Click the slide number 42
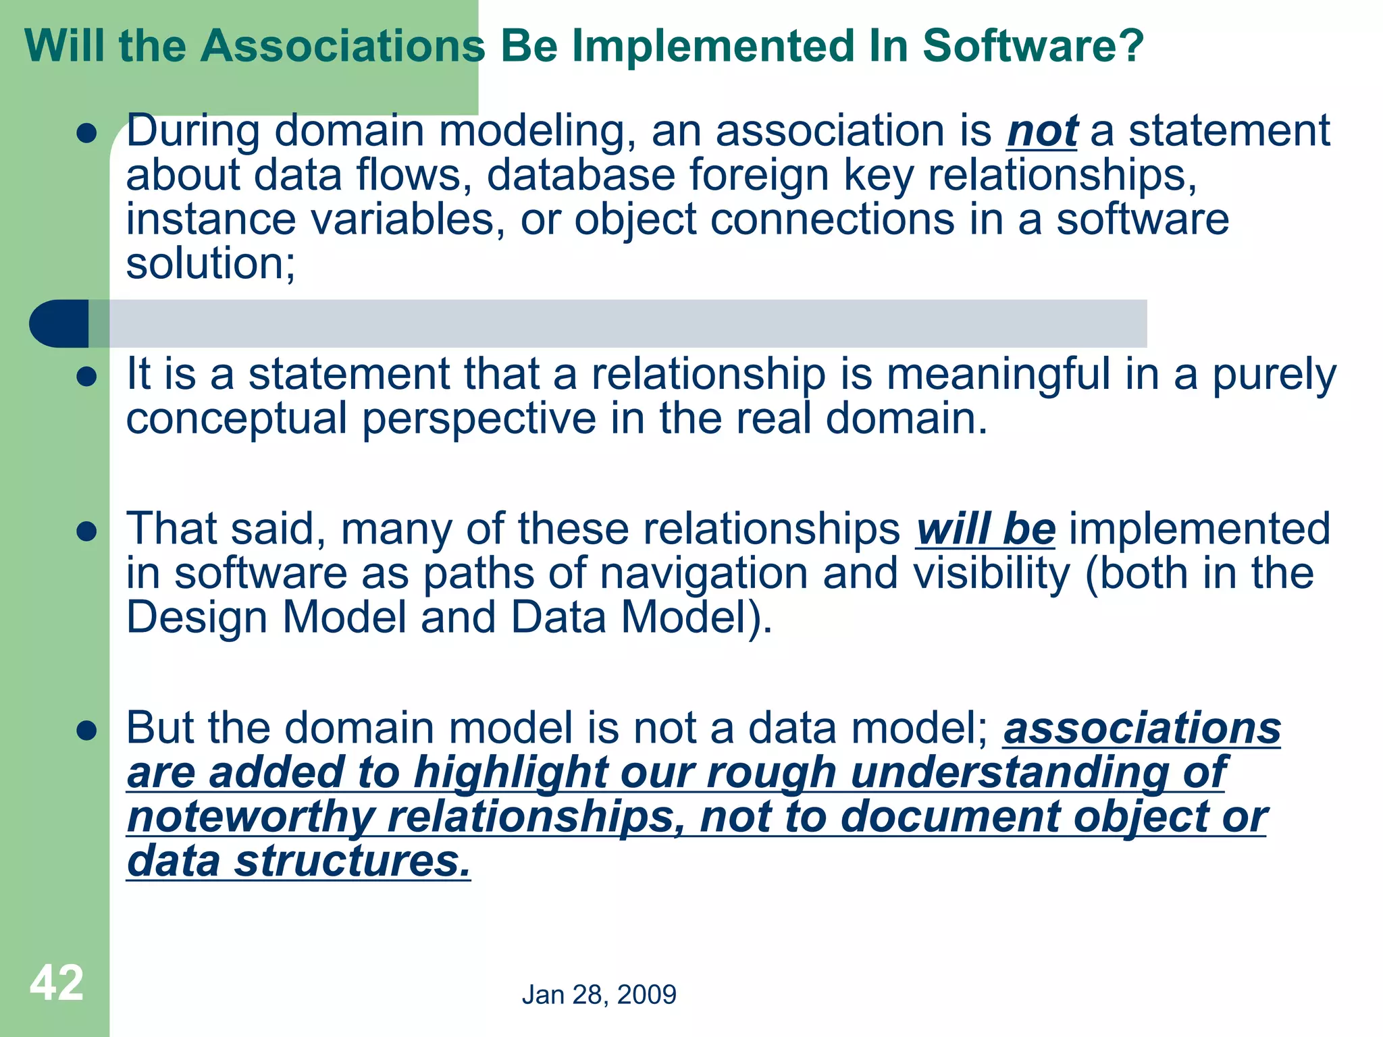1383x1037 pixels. tap(57, 983)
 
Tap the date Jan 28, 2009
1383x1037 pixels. tap(599, 994)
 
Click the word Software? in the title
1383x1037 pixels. tap(1033, 46)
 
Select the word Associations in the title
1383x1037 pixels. tap(342, 46)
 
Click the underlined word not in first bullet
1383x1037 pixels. tap(1041, 132)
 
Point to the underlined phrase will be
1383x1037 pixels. tap(985, 529)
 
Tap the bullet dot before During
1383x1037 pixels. tap(87, 133)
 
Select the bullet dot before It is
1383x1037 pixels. tap(87, 377)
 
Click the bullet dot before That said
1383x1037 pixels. tap(87, 531)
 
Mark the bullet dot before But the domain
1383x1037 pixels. tap(87, 730)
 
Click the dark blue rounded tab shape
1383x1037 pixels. tap(59, 323)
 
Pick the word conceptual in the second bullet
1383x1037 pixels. tap(236, 419)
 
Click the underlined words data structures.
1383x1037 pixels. tap(298, 861)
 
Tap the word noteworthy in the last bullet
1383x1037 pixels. tap(250, 817)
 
